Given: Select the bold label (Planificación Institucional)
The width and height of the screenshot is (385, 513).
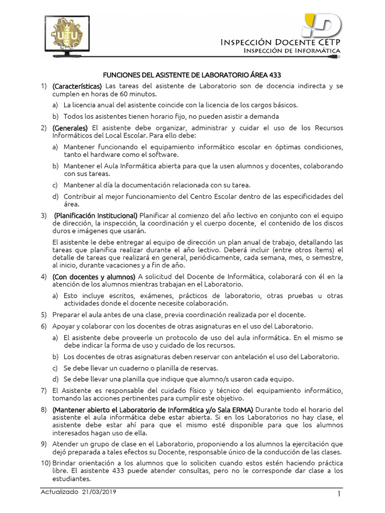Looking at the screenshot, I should tap(96, 215).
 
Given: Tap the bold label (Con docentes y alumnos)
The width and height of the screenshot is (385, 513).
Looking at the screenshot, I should tap(94, 277).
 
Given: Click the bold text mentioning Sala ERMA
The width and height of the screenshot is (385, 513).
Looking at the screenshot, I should tap(153, 409).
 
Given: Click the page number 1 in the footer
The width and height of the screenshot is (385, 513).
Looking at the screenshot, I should tap(339, 494).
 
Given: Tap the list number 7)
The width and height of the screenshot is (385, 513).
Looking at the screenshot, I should tap(44, 390).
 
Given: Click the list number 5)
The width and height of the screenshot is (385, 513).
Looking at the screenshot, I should tap(44, 315).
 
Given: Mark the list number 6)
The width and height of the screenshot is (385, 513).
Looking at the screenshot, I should tap(44, 326).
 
